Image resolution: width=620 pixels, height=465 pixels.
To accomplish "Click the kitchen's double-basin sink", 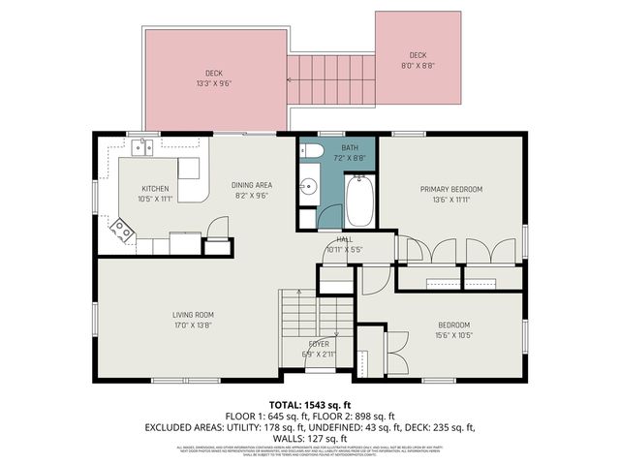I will click(x=145, y=147).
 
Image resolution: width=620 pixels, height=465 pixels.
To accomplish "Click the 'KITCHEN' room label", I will click(x=156, y=189).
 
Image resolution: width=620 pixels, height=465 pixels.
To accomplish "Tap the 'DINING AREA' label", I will click(x=249, y=185).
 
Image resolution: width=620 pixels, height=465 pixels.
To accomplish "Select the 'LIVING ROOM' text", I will click(x=194, y=315).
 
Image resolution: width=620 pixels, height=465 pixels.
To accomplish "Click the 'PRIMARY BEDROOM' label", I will click(x=450, y=189).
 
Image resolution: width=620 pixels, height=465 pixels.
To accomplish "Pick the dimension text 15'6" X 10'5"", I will click(x=453, y=334).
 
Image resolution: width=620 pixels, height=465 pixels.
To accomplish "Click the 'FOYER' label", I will click(x=319, y=344).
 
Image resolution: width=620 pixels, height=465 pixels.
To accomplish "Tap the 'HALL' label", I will click(x=344, y=239).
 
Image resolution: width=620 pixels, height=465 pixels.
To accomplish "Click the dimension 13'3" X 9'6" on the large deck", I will click(x=214, y=83).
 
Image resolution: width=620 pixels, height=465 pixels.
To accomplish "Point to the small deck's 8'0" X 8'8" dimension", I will click(x=418, y=65).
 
